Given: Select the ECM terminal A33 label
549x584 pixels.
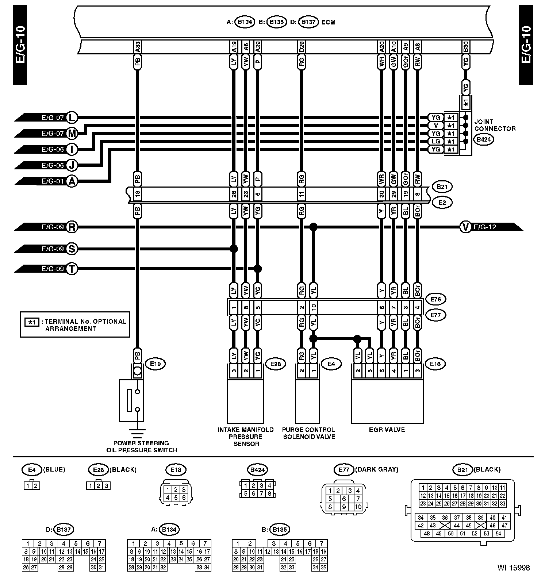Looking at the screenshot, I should (138, 47).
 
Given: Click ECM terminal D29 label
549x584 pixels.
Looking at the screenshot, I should (301, 47).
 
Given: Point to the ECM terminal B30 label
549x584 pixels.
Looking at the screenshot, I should (465, 47).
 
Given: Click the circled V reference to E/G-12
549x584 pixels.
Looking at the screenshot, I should (466, 227).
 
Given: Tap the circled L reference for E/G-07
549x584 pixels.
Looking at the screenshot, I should (72, 118).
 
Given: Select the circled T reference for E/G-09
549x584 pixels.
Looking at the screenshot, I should (72, 269).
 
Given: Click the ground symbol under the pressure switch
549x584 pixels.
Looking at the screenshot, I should (137, 434).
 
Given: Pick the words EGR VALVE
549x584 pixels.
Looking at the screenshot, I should (387, 430).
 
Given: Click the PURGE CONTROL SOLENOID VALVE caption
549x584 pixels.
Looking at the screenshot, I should (309, 433).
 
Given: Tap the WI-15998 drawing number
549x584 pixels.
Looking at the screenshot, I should (513, 568).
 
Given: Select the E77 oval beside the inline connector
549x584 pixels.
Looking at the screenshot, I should (436, 315).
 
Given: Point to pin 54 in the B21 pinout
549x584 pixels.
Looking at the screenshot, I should (498, 533).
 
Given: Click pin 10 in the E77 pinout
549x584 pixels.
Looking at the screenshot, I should (357, 507).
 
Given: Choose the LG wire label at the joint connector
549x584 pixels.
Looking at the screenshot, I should (435, 141).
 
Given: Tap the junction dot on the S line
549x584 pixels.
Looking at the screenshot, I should (234, 249).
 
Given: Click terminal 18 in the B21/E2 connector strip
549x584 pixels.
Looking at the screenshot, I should (137, 194).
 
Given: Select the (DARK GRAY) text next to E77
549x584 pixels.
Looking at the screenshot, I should (376, 469).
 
